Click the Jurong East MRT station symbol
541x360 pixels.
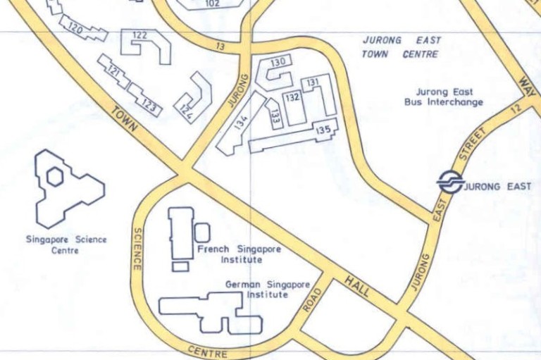[x=449, y=182]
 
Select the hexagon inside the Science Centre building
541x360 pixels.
[x=54, y=176]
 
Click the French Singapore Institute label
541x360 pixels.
[x=239, y=254]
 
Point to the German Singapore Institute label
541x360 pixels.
[x=267, y=289]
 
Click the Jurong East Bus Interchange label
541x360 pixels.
[x=444, y=97]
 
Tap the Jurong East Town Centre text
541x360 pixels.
[x=401, y=47]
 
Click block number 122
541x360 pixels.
[x=139, y=35]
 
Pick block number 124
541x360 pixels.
[x=187, y=108]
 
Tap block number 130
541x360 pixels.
[x=278, y=63]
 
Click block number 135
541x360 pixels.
[x=323, y=130]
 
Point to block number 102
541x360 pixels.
[x=212, y=4]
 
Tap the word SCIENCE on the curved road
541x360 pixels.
[x=137, y=249]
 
